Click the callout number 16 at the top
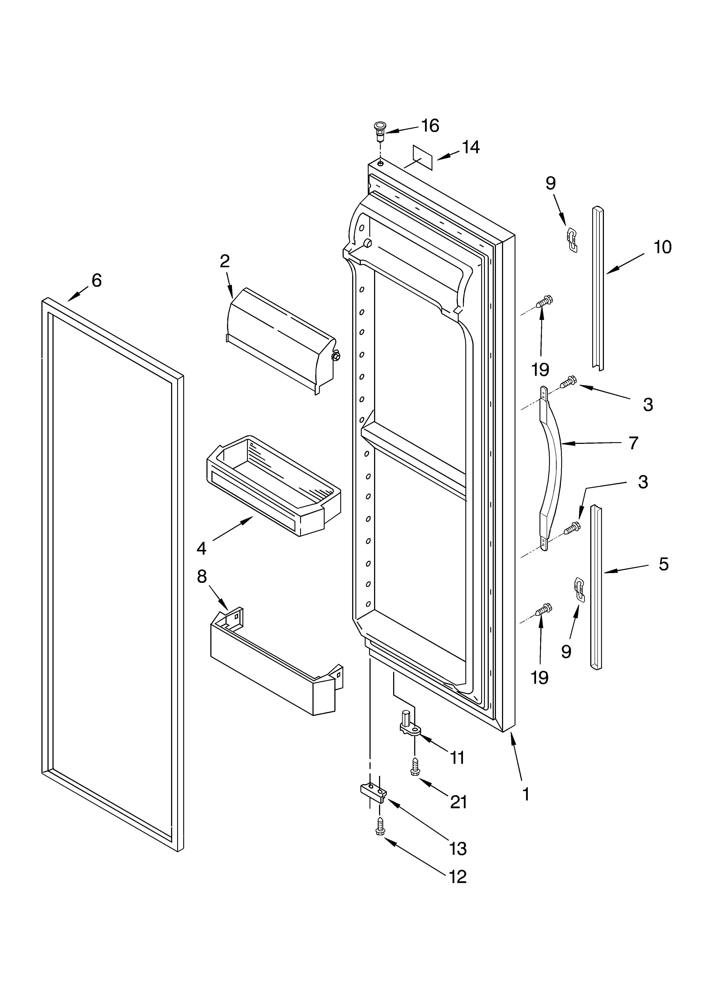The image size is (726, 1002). click(430, 126)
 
